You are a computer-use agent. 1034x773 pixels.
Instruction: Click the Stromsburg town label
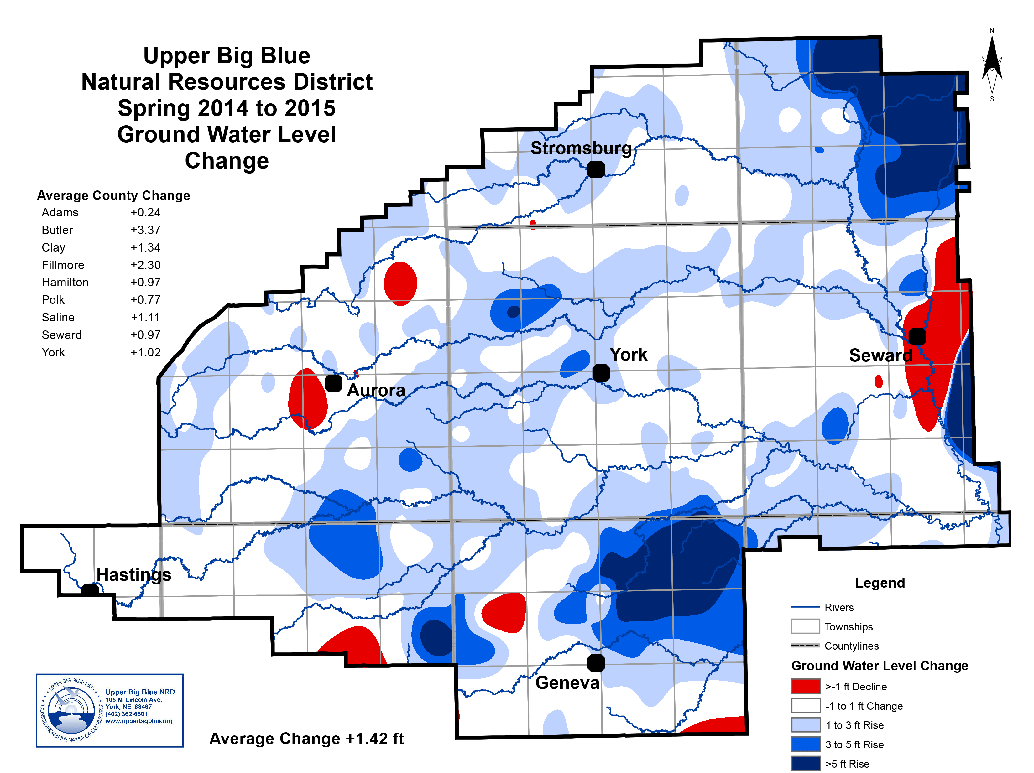581,148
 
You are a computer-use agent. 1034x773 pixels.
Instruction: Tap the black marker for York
601,373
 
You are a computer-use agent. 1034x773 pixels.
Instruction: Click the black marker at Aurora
333,383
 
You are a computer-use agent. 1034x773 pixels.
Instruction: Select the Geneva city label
567,683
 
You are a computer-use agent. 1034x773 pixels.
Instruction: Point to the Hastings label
134,574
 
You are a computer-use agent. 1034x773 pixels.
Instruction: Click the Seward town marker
917,336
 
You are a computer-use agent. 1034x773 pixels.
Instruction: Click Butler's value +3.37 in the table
145,230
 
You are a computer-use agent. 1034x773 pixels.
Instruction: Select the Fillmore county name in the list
63,265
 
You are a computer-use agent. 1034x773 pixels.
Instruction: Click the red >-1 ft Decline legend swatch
805,686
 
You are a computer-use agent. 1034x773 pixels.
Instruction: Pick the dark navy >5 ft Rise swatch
805,764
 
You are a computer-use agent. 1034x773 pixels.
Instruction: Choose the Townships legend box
805,626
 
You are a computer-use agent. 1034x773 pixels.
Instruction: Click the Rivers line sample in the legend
805,607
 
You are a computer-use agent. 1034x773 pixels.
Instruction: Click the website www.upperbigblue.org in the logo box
139,721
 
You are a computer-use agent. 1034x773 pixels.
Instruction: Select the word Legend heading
880,583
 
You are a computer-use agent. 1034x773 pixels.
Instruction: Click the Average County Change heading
114,195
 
